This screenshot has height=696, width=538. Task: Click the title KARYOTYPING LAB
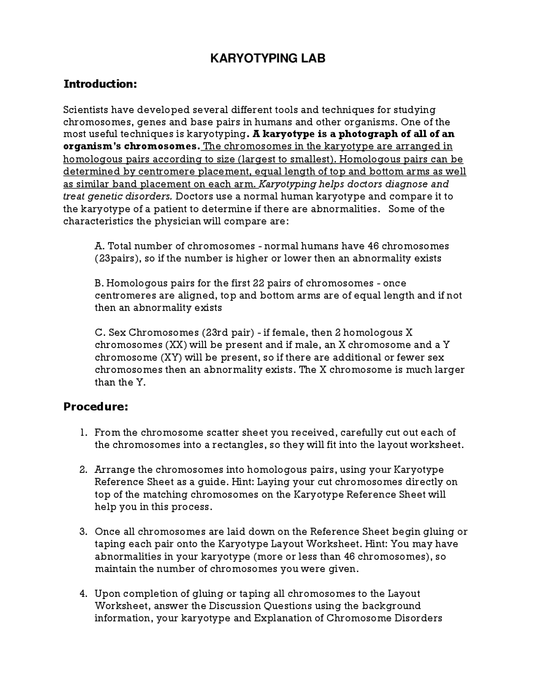click(x=268, y=58)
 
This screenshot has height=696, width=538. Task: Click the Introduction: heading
click(x=100, y=84)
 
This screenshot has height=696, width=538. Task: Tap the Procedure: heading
click(x=95, y=407)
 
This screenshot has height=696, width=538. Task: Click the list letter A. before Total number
click(x=100, y=246)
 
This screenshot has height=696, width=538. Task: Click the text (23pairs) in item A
click(x=117, y=258)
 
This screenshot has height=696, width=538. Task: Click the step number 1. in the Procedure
click(x=84, y=433)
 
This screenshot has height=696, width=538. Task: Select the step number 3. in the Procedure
click(x=83, y=532)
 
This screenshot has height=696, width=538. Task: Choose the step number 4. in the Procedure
click(x=83, y=594)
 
